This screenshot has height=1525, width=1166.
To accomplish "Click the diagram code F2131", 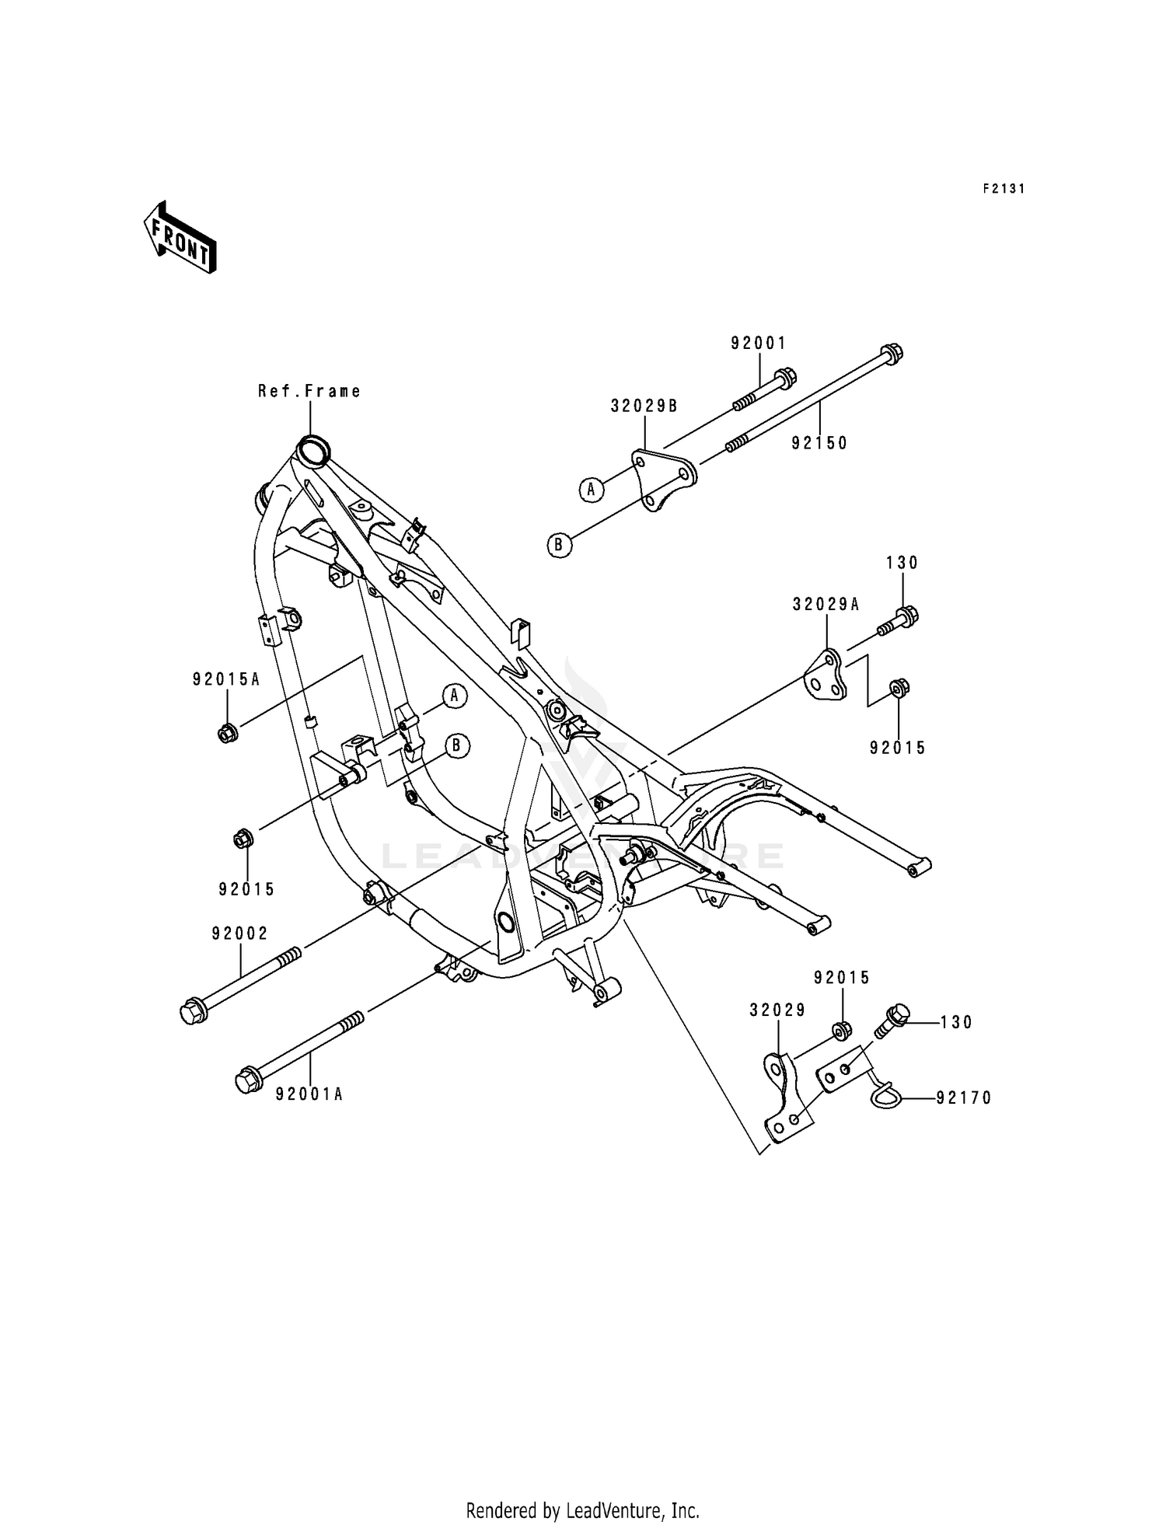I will (1004, 189).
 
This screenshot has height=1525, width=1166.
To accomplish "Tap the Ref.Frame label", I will (309, 391).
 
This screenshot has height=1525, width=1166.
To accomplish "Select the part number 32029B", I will (644, 405).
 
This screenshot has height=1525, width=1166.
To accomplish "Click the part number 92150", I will (819, 442).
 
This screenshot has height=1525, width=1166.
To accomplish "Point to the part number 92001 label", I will (758, 343).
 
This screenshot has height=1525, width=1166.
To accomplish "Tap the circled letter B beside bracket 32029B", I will (559, 546).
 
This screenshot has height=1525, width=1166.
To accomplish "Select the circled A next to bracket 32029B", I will (591, 490).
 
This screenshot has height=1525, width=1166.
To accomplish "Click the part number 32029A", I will (826, 604).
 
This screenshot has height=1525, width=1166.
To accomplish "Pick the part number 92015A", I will (226, 679).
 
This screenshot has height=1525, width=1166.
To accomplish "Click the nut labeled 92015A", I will (227, 732).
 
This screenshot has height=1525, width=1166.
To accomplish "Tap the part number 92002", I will (239, 933).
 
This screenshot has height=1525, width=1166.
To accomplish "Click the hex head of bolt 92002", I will (191, 1012).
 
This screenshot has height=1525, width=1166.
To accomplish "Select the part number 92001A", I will (309, 1094).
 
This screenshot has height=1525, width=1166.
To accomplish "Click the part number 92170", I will (964, 1098).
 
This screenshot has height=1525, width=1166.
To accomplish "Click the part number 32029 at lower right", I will (777, 1010).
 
